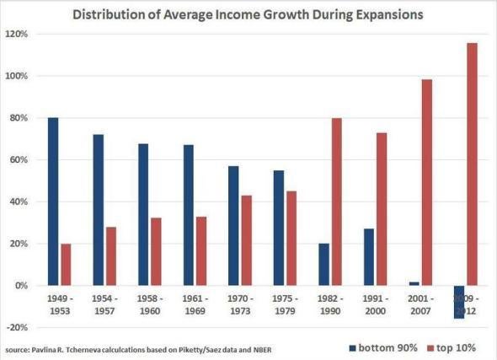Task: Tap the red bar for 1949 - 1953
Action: point(67,264)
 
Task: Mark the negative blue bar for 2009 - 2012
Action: point(458,302)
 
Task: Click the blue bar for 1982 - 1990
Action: point(323,264)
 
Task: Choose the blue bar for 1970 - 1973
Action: point(232,225)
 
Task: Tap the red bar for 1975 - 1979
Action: point(291,238)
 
